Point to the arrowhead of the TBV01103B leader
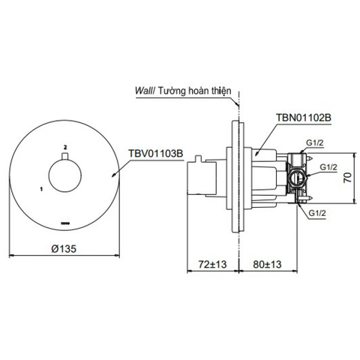click(112, 174)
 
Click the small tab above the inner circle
click(66, 155)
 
